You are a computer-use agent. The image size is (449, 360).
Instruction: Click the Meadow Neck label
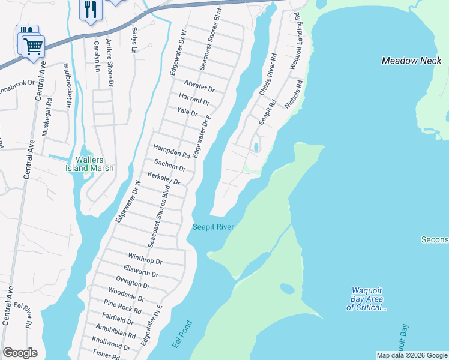coord(412,61)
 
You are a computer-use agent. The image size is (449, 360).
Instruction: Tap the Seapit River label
coord(212,227)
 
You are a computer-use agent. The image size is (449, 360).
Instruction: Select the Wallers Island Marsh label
coord(89,164)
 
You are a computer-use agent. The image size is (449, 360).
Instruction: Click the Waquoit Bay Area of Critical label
coord(366,299)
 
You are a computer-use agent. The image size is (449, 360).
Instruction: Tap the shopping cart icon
coord(34,45)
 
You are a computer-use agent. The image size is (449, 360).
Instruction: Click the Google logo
coord(20,353)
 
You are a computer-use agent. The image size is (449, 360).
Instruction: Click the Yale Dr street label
coord(187,111)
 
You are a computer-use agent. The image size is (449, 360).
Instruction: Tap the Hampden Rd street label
coord(172,151)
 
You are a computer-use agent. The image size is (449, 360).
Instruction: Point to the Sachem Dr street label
coord(170,165)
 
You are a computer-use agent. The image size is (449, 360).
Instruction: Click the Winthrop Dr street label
coord(145,262)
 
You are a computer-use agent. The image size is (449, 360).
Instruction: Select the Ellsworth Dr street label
coord(140,274)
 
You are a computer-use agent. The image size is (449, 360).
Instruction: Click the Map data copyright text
coord(411,355)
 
